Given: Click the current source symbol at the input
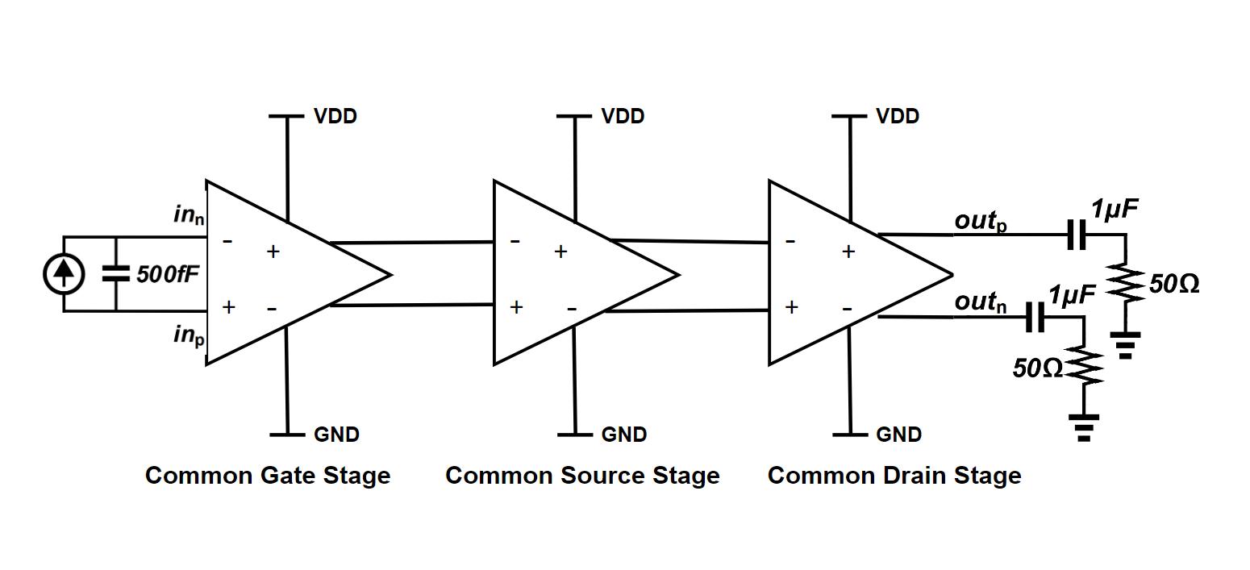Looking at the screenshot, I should tap(64, 274).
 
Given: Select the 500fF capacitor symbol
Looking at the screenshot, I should tap(116, 274).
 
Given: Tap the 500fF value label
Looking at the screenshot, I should tap(167, 275).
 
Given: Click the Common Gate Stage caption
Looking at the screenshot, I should tap(268, 475).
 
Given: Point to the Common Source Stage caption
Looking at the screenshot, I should tap(582, 475).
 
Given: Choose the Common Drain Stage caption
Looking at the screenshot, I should tap(894, 475).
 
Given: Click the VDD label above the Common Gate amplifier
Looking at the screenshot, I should tap(335, 116).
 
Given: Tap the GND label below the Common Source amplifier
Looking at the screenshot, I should tap(624, 435).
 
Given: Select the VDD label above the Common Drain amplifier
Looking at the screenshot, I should tap(898, 116).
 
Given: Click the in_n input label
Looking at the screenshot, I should tap(189, 215).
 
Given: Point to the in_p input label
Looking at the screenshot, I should tap(189, 334).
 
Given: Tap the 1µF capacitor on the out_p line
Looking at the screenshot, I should tap(1076, 235).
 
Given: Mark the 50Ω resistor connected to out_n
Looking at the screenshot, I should tap(1084, 367).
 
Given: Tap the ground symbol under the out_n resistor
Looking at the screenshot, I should tap(1084, 426).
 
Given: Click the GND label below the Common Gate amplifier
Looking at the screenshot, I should tap(336, 435).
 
